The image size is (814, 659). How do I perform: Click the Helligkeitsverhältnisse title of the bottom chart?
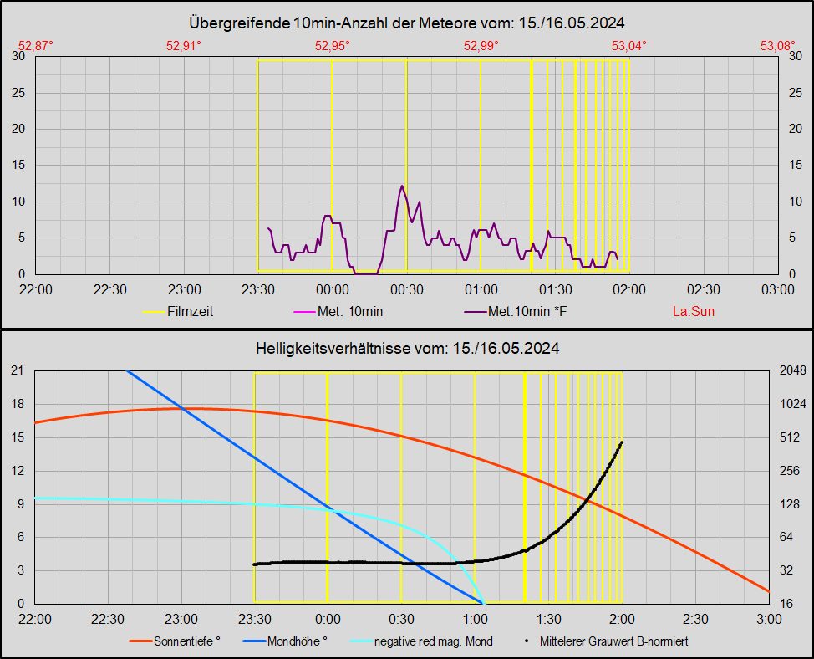coord(407,347)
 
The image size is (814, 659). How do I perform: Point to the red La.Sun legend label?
coord(694,312)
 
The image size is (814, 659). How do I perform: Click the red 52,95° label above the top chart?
coord(333,46)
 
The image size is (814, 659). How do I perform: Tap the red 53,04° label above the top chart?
coord(629,46)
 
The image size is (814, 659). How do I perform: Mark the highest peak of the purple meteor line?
coord(402,186)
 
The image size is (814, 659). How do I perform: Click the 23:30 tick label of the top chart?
coord(258,289)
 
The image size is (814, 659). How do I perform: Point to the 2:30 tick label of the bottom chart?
coord(695,619)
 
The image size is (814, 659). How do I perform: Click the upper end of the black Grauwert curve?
coord(622,442)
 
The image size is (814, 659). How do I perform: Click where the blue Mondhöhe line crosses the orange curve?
coord(182,408)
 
